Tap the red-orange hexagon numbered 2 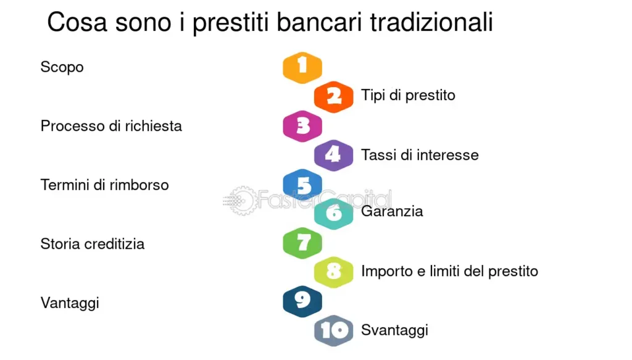[x=334, y=96]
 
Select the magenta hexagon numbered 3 [x=302, y=126]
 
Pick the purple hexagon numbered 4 [x=334, y=155]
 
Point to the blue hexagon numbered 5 [x=302, y=185]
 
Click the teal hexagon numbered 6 [x=334, y=214]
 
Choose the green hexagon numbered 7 [x=302, y=243]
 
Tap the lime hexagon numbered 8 [x=334, y=272]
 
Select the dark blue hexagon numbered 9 [x=302, y=301]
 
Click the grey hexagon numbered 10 [x=334, y=330]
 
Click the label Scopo [x=62, y=67]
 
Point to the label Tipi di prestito [x=408, y=96]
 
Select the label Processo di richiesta [x=111, y=126]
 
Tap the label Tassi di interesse [x=420, y=155]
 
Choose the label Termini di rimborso [x=104, y=185]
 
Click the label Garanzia [x=392, y=212]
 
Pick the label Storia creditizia [x=93, y=244]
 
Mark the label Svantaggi [x=394, y=330]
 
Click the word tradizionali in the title [x=431, y=23]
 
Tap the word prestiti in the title [x=232, y=23]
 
